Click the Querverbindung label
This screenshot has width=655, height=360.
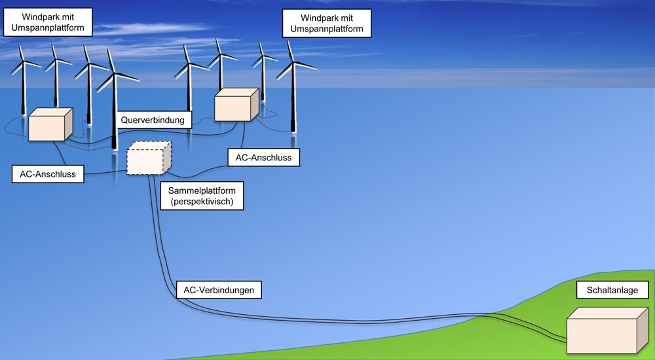pos(155,120)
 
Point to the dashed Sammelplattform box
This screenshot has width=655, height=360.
pos(147,159)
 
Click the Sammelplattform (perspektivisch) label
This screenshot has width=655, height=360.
pos(201,196)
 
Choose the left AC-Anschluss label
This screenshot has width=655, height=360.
pos(48,174)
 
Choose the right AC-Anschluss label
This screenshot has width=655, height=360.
pos(263,158)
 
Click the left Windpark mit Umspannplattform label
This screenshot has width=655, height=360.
pos(47,22)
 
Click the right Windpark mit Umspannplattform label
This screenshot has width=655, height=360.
pos(327,24)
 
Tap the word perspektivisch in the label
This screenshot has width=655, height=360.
pos(201,202)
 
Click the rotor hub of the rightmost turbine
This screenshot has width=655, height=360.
pos(293,64)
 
